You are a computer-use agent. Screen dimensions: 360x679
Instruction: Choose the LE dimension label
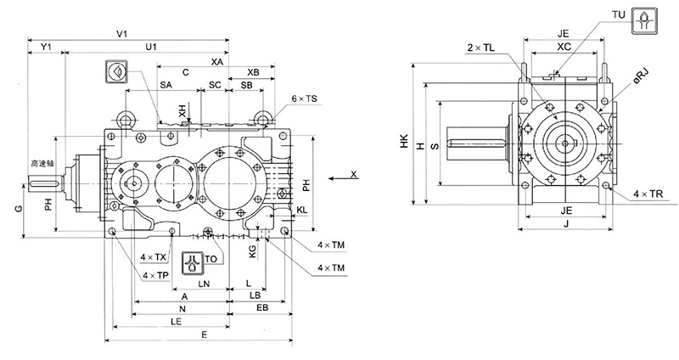[175, 323]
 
